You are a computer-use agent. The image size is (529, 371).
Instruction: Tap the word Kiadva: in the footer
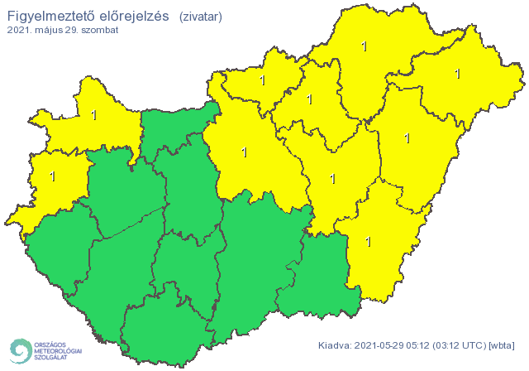336,345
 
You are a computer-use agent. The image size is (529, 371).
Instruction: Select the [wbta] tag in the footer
502,345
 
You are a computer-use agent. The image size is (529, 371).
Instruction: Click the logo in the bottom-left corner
45,350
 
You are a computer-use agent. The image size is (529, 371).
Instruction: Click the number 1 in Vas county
53,176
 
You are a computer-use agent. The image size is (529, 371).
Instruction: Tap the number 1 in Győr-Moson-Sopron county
93,115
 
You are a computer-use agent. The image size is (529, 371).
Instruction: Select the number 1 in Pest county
243,152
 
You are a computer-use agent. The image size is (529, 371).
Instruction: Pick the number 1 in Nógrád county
263,81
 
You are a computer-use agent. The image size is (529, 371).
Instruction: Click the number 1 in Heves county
309,99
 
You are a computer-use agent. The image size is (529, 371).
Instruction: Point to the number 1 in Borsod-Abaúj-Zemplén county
365,46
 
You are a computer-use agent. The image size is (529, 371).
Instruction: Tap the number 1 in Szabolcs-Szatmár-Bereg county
457,74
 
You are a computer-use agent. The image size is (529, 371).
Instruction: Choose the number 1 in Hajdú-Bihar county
407,138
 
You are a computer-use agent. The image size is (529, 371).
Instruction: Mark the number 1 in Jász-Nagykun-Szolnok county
332,177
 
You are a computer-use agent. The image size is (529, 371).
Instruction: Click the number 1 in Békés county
367,241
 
